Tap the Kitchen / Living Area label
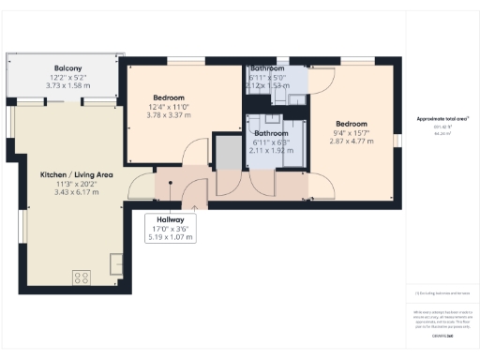76,174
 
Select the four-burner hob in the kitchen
82,277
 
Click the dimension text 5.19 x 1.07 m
170,237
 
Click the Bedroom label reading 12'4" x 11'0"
169,98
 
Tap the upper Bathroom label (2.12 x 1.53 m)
266,69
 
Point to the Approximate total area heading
442,119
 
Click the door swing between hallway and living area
141,187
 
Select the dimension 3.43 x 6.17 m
76,192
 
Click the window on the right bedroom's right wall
397,140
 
